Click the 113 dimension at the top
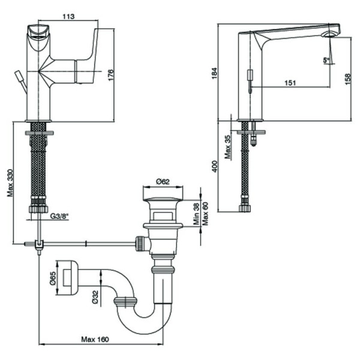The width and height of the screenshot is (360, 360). (67, 17)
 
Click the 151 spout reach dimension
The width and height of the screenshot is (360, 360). (290, 83)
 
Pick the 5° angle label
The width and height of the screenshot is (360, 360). (326, 59)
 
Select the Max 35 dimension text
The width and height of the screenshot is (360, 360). (228, 147)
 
